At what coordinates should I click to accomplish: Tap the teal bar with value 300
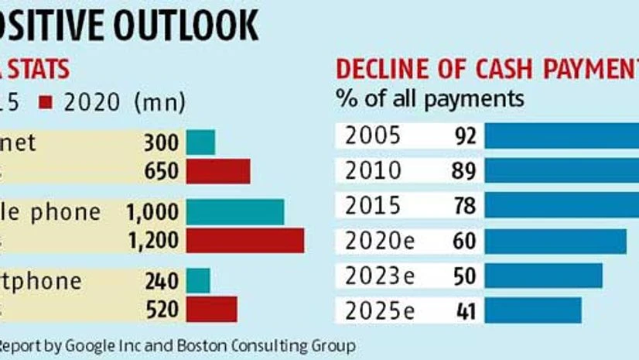coord(200,142)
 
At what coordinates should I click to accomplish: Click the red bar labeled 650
coord(218,171)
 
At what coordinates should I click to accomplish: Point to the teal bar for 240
coord(198,280)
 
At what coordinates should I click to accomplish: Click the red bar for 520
coord(211,309)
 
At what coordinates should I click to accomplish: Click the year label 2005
coord(374,135)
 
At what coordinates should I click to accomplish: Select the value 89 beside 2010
coord(463,170)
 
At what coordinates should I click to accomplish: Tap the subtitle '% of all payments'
coord(429,99)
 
